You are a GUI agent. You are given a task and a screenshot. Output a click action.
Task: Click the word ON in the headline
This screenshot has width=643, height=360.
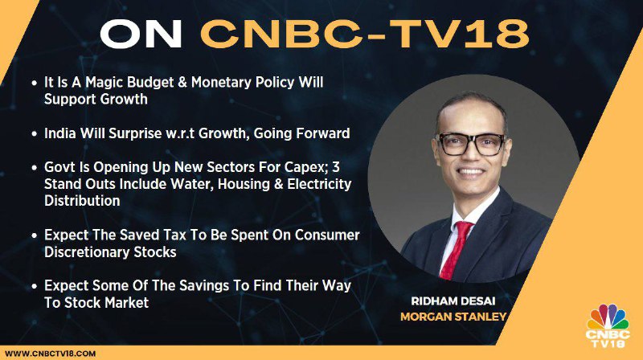click(141, 34)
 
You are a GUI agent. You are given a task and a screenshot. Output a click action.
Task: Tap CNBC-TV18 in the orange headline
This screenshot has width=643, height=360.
click(365, 34)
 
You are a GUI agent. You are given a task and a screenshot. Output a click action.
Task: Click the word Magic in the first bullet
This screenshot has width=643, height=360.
click(104, 83)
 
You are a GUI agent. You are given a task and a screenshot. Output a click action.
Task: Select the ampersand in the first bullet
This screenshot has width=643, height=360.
click(182, 83)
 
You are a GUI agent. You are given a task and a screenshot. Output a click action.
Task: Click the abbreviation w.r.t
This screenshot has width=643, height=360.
click(180, 133)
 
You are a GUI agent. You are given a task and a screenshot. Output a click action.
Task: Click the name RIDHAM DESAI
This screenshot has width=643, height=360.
click(453, 301)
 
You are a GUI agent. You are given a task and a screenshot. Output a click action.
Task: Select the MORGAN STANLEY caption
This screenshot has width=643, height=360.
click(453, 317)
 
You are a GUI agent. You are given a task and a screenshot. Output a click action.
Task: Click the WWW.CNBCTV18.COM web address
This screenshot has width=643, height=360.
click(51, 354)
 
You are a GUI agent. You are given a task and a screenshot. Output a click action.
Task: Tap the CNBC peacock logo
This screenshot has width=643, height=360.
click(608, 325)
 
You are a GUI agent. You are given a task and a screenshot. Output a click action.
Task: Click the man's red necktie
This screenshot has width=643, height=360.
click(457, 249)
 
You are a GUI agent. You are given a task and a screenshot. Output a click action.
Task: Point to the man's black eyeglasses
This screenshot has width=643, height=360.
click(470, 144)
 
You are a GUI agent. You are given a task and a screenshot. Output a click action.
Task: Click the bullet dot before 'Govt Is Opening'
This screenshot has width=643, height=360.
click(35, 168)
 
